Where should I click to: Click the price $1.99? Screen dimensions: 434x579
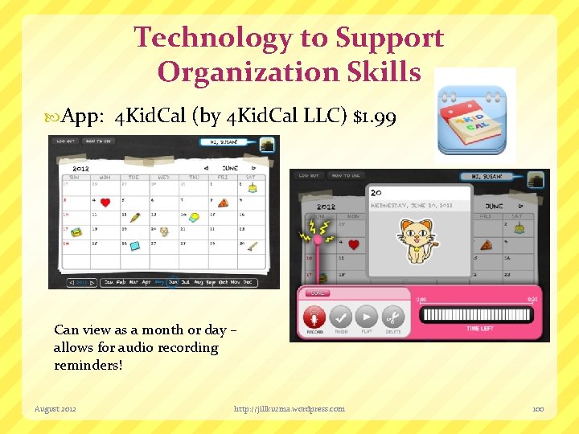[x=374, y=117]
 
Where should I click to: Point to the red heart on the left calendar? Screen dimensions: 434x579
[x=105, y=202]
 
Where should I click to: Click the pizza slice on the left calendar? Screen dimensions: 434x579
[x=222, y=202]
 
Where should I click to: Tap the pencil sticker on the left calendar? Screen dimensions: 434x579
[x=134, y=216]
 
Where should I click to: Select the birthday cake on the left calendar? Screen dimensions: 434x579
[x=252, y=187]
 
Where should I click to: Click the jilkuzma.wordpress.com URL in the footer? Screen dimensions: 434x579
[x=289, y=408]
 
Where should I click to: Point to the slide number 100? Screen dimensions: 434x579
[x=538, y=408]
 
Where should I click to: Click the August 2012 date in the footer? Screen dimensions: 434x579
[x=55, y=408]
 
